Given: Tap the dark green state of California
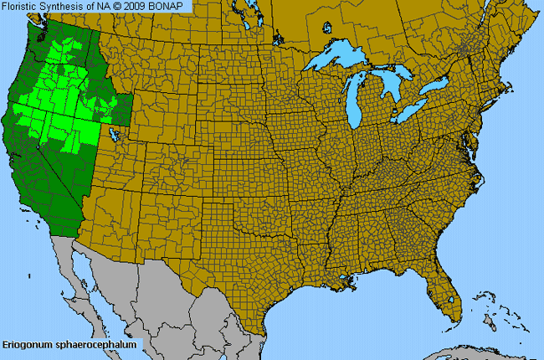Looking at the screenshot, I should (29, 167).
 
